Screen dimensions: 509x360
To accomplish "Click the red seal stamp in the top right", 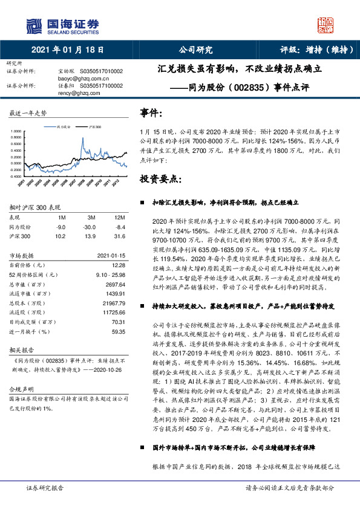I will [325, 25].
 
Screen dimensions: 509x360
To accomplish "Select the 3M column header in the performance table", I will [91, 217].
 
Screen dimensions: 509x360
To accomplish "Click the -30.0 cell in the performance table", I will [91, 227].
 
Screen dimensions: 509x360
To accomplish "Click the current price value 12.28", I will [119, 265].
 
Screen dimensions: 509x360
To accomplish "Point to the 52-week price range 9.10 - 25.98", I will [111, 274].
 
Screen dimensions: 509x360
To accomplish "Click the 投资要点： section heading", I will [160, 180].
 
